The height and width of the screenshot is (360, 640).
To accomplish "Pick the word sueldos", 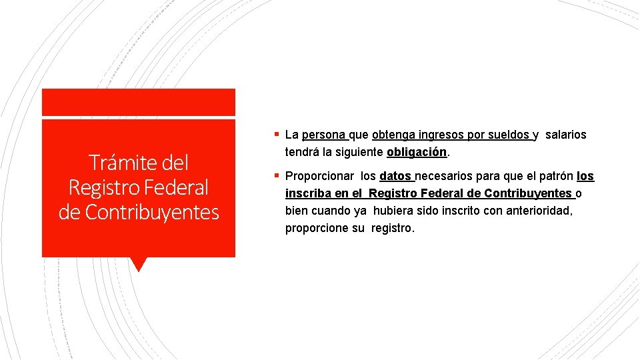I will pos(509,135).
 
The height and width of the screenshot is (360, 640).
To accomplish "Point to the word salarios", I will pos(565,135).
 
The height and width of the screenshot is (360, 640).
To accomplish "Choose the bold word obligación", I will pos(417,153).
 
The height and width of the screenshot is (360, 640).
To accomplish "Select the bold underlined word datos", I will pos(395,177).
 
